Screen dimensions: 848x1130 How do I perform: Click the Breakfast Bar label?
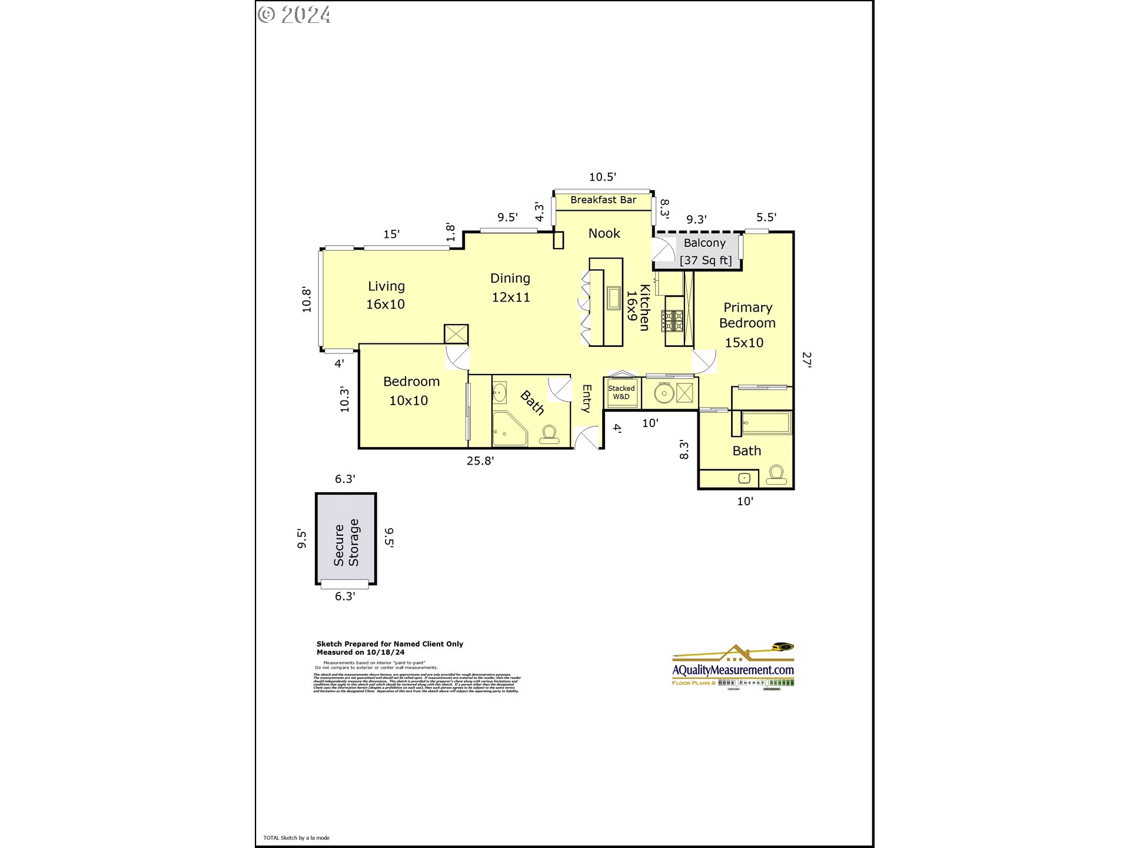(x=603, y=200)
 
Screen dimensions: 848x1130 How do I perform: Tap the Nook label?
(x=604, y=233)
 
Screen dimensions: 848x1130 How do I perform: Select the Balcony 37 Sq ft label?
(x=705, y=251)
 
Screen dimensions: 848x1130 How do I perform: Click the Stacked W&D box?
(x=621, y=392)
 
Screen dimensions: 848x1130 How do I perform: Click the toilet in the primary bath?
(x=776, y=475)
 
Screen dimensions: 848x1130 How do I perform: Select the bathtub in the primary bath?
(x=766, y=423)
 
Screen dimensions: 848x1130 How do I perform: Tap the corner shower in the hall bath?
(x=508, y=429)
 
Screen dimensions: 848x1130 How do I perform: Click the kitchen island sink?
(x=614, y=298)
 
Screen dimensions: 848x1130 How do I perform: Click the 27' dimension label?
(x=807, y=360)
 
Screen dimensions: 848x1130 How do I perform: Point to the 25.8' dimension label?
(x=480, y=461)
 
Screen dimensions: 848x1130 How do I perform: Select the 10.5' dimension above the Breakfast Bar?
(x=603, y=177)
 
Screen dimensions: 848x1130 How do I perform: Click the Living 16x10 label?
(x=386, y=295)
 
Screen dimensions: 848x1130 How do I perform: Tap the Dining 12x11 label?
(x=510, y=287)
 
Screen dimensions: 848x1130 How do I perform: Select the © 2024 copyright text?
(x=294, y=15)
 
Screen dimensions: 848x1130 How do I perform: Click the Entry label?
(x=587, y=398)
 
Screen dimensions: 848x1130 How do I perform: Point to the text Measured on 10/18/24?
(x=360, y=652)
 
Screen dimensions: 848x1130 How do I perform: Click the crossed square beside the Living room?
(x=456, y=334)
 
